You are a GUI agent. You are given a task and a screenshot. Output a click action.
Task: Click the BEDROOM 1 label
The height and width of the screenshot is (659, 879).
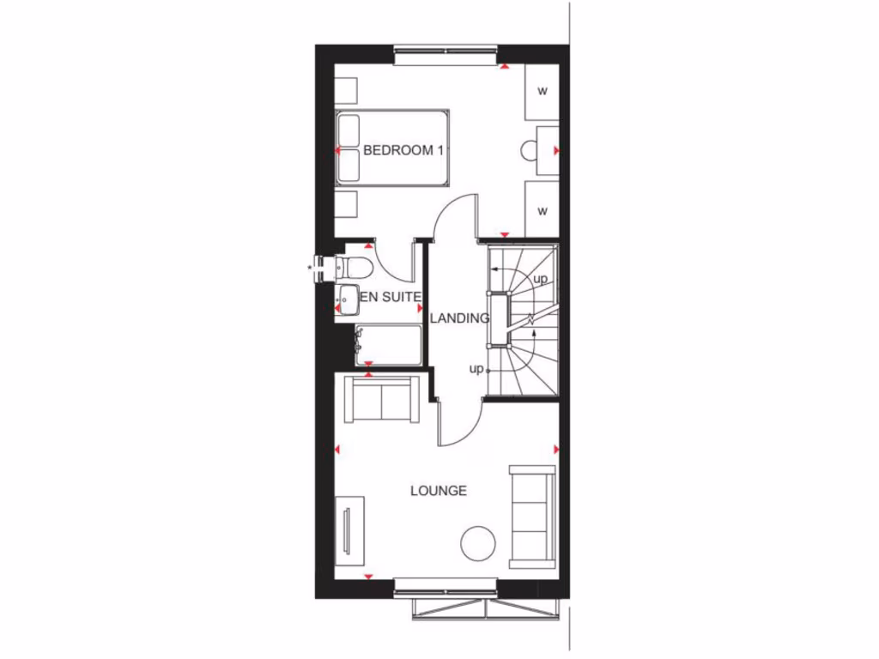(x=403, y=150)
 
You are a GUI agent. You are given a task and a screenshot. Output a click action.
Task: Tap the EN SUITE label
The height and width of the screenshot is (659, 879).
(x=391, y=297)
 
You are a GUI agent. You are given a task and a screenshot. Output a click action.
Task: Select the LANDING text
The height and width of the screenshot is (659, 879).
(x=459, y=317)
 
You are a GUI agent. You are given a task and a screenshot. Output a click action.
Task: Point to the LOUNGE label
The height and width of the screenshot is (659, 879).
(x=439, y=491)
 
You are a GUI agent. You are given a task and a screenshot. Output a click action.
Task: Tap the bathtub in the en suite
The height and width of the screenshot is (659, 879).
(x=388, y=345)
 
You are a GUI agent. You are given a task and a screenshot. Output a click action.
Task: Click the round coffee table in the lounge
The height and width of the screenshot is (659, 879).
(x=478, y=542)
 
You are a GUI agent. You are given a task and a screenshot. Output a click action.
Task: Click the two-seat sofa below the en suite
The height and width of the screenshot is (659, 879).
(x=381, y=399)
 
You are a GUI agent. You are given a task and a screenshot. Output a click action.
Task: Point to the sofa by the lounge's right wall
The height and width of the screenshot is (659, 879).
(x=532, y=517)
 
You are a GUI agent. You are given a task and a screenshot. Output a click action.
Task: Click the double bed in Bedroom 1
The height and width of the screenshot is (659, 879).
(x=392, y=148)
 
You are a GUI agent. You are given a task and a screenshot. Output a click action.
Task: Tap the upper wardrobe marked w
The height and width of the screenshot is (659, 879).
(x=542, y=91)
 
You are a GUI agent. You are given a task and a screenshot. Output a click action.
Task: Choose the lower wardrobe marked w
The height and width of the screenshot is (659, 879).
(x=542, y=209)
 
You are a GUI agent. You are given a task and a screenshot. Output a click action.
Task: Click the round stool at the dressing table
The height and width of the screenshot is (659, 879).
(x=529, y=151)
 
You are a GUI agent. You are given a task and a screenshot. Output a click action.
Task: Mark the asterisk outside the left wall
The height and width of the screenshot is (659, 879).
(x=310, y=268)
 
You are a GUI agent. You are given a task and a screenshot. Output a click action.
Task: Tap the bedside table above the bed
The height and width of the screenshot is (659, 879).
(x=346, y=90)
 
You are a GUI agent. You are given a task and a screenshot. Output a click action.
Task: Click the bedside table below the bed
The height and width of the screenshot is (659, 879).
(x=346, y=204)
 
